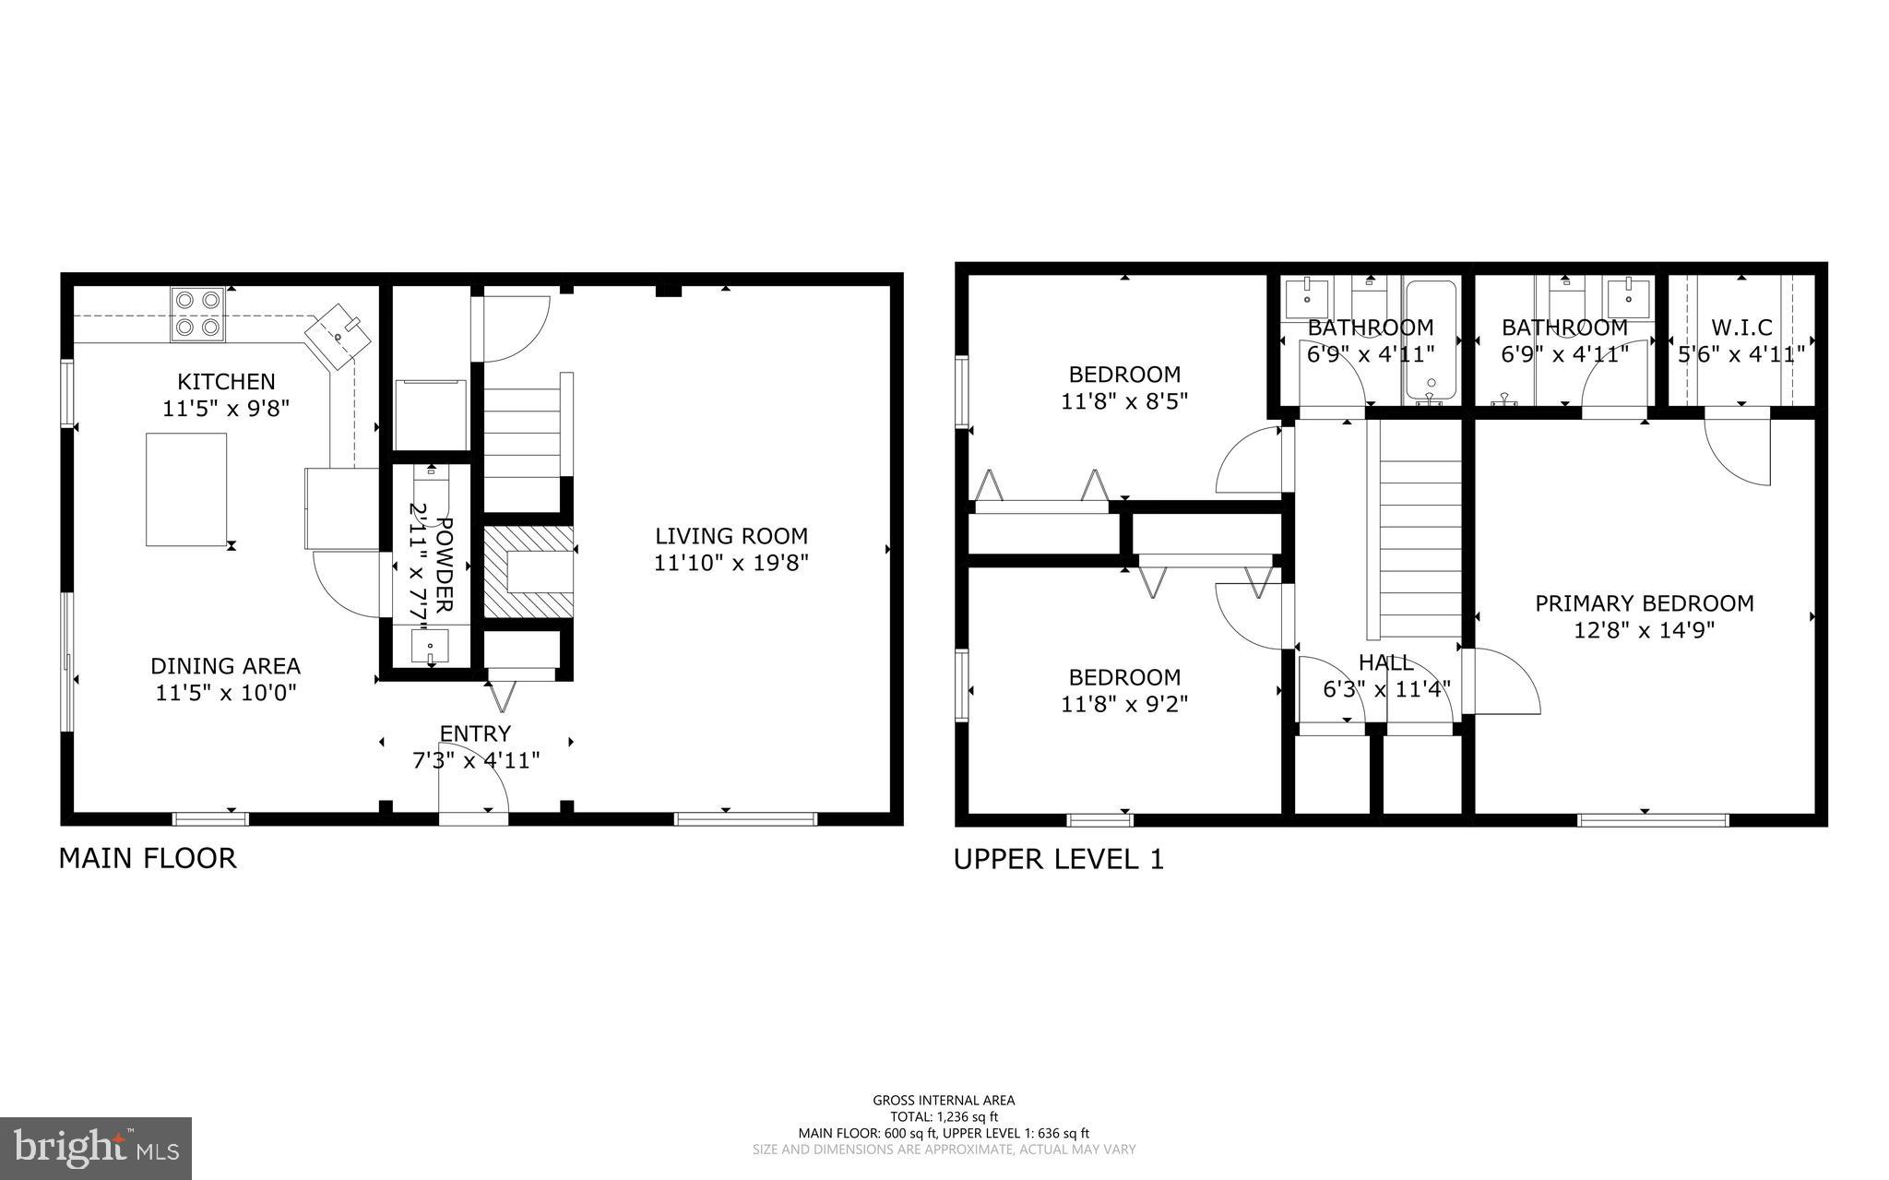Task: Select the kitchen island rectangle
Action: pos(186,489)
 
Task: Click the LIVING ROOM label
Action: pos(731,536)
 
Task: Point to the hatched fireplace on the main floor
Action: pos(528,572)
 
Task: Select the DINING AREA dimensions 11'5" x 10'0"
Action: pos(226,692)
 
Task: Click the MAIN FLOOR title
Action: pos(148,858)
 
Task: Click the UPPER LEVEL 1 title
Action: pos(1058,860)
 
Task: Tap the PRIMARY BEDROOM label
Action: pos(1644,603)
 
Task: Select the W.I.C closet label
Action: pos(1741,328)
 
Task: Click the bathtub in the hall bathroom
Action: pos(1431,341)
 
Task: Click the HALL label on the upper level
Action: pos(1385,662)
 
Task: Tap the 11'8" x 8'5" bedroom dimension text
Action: pos(1123,401)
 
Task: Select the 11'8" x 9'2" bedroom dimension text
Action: pos(1123,704)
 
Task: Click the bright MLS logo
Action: pos(96,1148)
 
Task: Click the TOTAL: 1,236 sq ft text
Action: pos(944,1116)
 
